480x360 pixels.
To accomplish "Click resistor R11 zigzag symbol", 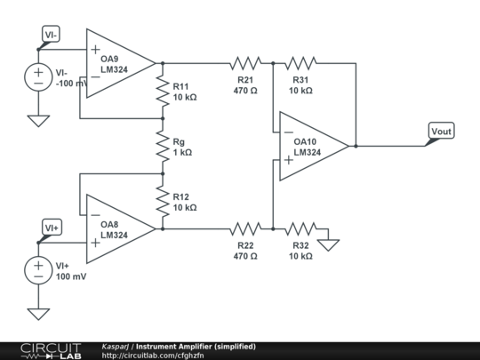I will (163, 91).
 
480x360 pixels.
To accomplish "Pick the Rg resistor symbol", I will (163, 146).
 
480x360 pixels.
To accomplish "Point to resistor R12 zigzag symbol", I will (163, 201).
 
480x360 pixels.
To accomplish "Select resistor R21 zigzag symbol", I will (245, 63).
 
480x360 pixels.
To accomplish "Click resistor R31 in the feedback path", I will (300, 63).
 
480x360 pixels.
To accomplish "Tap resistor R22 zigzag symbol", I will (245, 228).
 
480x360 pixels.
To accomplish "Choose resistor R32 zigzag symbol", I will (300, 228).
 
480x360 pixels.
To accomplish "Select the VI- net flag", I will (52, 36).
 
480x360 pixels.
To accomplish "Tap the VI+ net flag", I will (52, 228).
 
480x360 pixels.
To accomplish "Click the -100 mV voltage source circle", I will (38, 77).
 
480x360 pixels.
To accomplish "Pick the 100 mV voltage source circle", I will (38, 269).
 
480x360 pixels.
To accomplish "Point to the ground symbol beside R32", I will (329, 242).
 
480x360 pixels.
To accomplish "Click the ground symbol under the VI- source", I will (38, 119).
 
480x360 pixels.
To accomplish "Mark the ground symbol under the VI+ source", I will (38, 312).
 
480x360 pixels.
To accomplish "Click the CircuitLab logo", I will (48, 350).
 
